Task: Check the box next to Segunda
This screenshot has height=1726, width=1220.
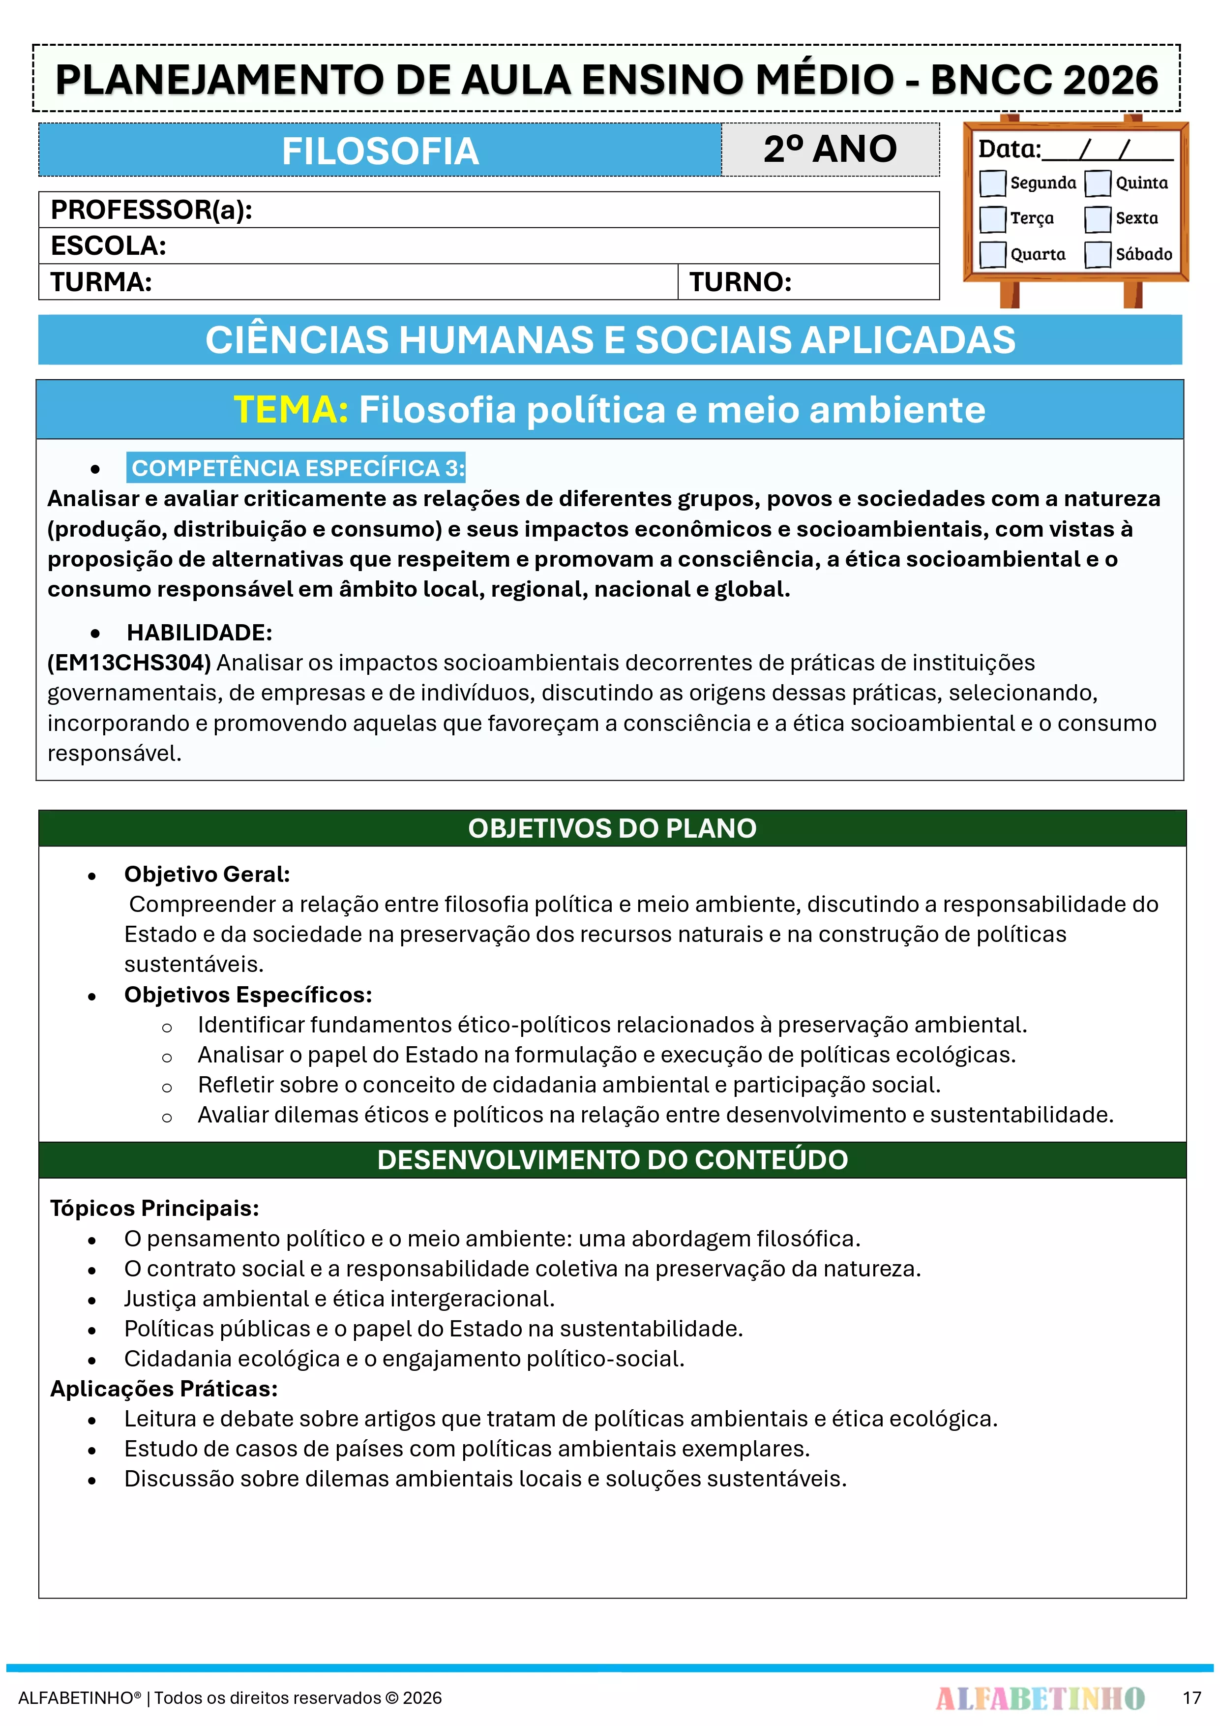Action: pyautogui.click(x=992, y=182)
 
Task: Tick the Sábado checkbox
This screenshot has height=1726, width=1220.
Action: pyautogui.click(x=1098, y=254)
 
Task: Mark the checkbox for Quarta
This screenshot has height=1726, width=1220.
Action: pyautogui.click(x=992, y=254)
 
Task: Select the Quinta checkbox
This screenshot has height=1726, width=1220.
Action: pyautogui.click(x=1098, y=182)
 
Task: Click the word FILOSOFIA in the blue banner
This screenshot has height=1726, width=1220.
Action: pyautogui.click(x=380, y=151)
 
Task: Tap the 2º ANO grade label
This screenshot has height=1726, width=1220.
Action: pyautogui.click(x=830, y=149)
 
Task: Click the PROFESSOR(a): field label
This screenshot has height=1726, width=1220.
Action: pyautogui.click(x=151, y=210)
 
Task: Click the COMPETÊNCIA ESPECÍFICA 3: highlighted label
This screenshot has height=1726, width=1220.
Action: pyautogui.click(x=298, y=468)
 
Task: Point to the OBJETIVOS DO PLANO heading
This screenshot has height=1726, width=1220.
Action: pyautogui.click(x=612, y=828)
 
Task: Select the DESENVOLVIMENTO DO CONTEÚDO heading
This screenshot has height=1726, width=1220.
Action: pyautogui.click(x=612, y=1159)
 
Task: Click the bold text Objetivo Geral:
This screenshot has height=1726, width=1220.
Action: pyautogui.click(x=207, y=874)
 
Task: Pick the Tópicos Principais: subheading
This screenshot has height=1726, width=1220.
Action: pyautogui.click(x=154, y=1208)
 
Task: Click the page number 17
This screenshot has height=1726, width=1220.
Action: pyautogui.click(x=1191, y=1697)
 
